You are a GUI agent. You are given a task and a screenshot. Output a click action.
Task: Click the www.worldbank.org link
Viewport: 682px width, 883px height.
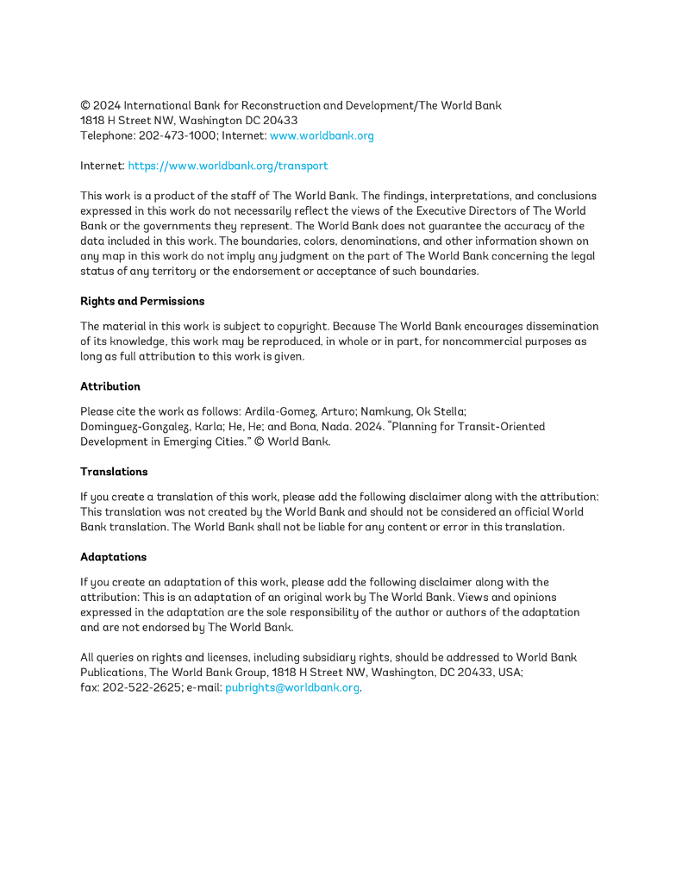(x=322, y=135)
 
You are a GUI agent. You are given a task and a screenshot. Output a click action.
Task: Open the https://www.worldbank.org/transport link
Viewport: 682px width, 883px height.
(x=228, y=166)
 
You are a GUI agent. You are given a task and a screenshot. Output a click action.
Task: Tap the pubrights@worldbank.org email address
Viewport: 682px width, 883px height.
(x=291, y=687)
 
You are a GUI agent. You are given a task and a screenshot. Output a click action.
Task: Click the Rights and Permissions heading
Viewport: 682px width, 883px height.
(x=142, y=301)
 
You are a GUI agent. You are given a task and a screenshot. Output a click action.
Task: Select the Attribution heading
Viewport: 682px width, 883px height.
(x=110, y=386)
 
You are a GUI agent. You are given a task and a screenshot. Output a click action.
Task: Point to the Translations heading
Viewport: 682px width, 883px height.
(x=114, y=472)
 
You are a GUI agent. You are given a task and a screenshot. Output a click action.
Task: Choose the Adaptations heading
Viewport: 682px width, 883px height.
(x=113, y=557)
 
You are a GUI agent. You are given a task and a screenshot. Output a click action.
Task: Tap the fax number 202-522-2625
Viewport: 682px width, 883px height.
(x=141, y=687)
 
